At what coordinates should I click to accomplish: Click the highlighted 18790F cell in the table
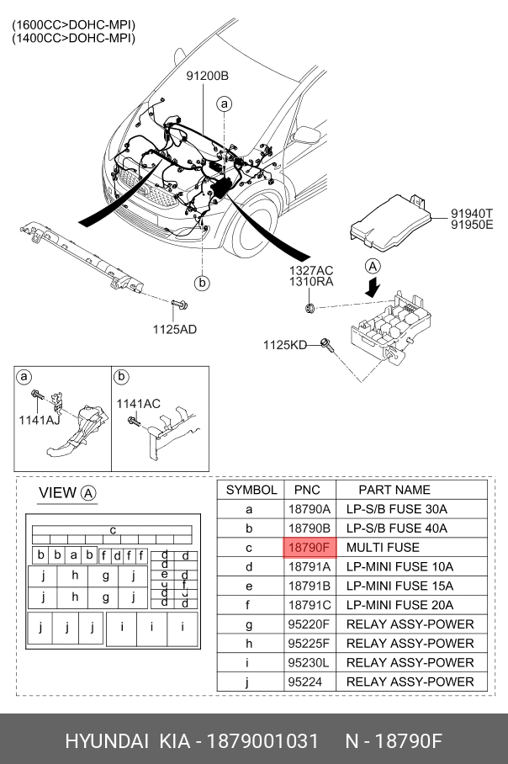310,547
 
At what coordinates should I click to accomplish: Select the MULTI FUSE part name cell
378,547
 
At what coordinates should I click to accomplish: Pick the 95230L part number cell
310,662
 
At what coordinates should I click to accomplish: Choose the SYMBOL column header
251,489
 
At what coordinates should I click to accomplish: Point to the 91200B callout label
208,77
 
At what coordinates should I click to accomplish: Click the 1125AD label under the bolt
174,329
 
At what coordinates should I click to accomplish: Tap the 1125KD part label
285,344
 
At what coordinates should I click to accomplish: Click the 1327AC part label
311,269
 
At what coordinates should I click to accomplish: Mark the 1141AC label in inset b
138,404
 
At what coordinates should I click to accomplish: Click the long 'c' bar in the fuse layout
113,529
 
